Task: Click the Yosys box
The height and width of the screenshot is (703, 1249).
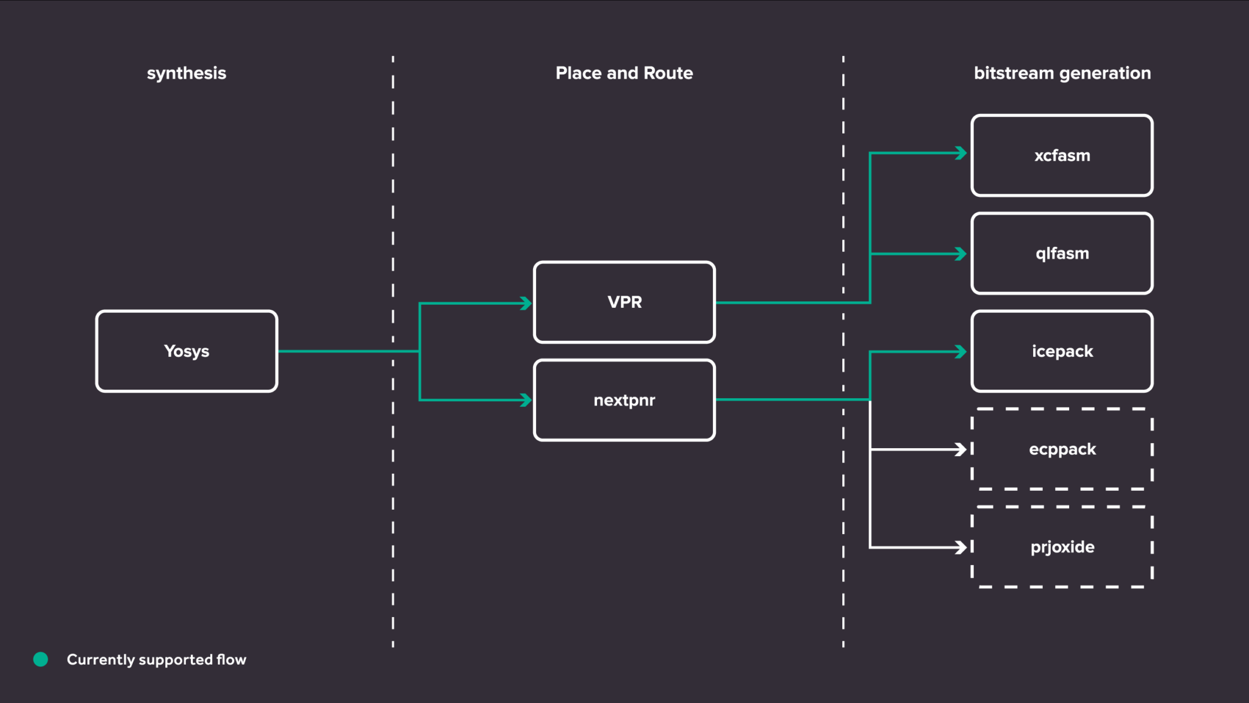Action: click(x=187, y=351)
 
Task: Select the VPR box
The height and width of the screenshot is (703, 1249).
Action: click(x=624, y=302)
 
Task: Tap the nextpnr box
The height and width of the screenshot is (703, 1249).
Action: click(x=624, y=400)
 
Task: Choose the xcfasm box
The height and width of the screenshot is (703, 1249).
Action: click(x=1062, y=155)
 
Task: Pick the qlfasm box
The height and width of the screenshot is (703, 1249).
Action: click(x=1062, y=253)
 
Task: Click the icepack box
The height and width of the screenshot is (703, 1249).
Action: click(x=1062, y=351)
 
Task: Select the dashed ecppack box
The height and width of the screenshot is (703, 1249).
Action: click(x=1062, y=449)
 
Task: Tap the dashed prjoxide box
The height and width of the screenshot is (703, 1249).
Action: click(x=1062, y=547)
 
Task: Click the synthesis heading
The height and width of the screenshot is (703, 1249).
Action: click(x=186, y=73)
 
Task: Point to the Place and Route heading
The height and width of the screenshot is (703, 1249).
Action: click(x=624, y=73)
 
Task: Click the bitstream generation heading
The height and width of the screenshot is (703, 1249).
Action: click(x=1062, y=73)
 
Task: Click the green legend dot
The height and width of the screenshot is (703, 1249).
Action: click(x=41, y=659)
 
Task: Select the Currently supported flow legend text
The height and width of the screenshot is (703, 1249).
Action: click(x=156, y=660)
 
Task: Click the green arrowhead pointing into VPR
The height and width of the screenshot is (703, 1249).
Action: click(x=526, y=303)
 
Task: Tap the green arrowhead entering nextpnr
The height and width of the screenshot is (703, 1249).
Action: click(x=526, y=400)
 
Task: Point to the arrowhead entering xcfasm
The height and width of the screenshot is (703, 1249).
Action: click(x=961, y=153)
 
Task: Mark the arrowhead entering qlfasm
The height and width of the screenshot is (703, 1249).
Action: click(x=961, y=254)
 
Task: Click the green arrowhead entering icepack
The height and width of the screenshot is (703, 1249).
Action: click(x=961, y=352)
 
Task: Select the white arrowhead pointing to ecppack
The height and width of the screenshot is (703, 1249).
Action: click(x=961, y=449)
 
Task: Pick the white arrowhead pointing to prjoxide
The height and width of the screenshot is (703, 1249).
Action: click(x=961, y=547)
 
